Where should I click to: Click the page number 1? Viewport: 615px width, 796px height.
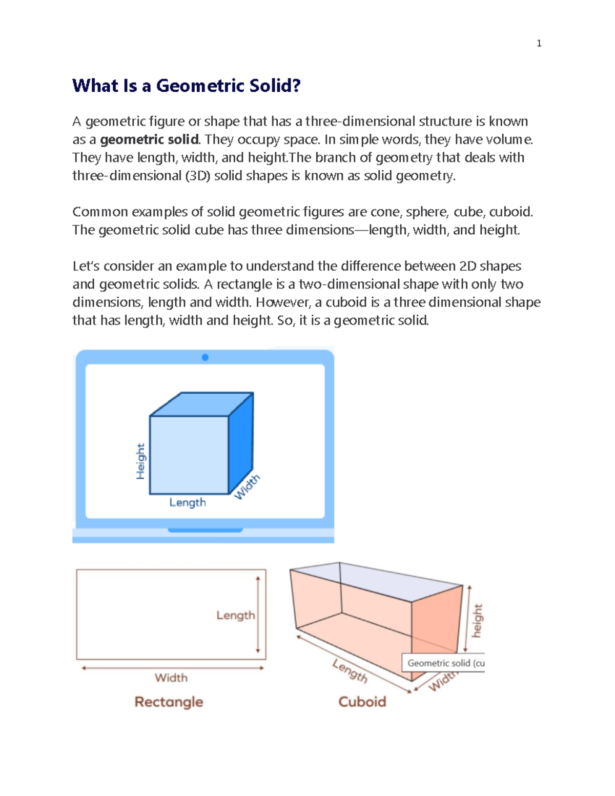point(539,44)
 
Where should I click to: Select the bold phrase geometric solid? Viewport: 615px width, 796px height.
point(149,139)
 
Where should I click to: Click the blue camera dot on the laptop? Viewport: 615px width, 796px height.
point(205,357)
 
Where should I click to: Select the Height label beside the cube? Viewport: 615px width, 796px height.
point(140,461)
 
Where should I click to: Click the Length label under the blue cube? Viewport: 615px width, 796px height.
point(188,503)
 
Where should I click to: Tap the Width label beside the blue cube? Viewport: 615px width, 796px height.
point(247,486)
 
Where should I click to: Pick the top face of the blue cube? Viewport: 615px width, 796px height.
point(201,404)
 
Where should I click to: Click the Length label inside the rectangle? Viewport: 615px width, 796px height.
point(235,615)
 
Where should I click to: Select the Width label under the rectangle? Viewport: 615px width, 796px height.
point(171,678)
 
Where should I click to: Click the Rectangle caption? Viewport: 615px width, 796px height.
point(169,702)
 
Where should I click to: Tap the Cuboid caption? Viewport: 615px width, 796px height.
point(362,702)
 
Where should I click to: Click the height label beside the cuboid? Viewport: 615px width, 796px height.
point(477,621)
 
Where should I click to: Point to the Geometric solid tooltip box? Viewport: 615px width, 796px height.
point(443,663)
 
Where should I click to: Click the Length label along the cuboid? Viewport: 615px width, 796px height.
point(350,671)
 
